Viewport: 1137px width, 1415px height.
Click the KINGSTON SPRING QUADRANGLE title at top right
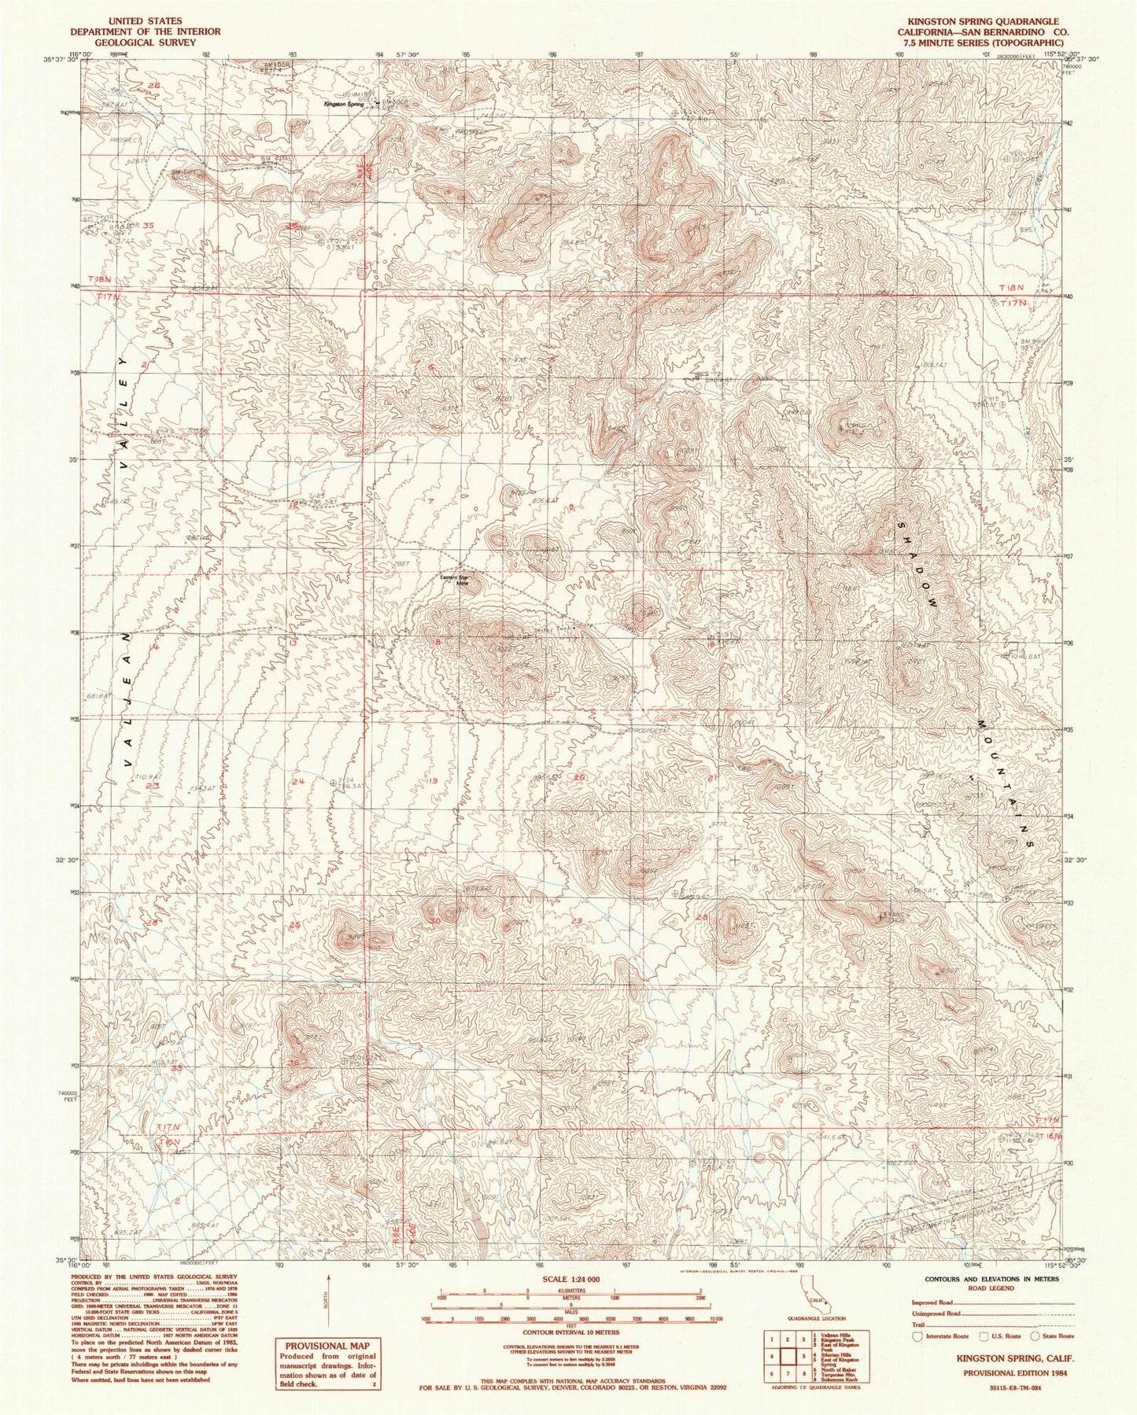(986, 20)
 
